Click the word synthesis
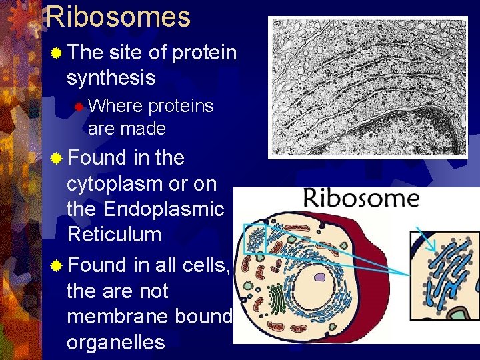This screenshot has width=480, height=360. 111,78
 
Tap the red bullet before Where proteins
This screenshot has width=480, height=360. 79,106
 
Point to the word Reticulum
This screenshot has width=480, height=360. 114,235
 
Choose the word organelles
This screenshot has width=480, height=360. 115,343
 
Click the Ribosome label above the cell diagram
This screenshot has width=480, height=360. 361,198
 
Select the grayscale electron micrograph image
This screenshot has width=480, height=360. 368,87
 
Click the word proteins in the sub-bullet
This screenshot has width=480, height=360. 181,106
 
